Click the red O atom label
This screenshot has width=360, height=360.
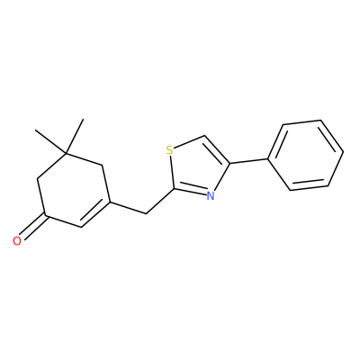pos(17,241)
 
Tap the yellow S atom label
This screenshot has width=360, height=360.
pos(169,150)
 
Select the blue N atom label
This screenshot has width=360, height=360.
pos(211,196)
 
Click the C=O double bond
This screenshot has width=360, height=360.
pos(33,227)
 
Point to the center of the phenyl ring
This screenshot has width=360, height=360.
pos(306,155)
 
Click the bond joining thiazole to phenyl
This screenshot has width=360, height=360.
pos(249,161)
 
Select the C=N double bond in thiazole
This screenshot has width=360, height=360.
pos(192,191)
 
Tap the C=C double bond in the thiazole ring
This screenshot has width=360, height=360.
pos(217,149)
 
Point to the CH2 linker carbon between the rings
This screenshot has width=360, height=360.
pos(146,213)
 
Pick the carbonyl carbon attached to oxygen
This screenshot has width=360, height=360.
pos(45,215)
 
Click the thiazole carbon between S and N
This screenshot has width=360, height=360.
pos(174,189)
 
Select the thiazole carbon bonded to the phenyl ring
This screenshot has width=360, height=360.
pos(230,164)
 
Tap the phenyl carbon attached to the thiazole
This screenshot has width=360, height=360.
pos(268,158)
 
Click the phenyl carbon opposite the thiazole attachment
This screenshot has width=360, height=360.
pos(343,152)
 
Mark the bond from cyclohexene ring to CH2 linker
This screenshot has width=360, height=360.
pos(128,208)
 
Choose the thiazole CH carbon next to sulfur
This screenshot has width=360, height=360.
pos(203,136)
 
